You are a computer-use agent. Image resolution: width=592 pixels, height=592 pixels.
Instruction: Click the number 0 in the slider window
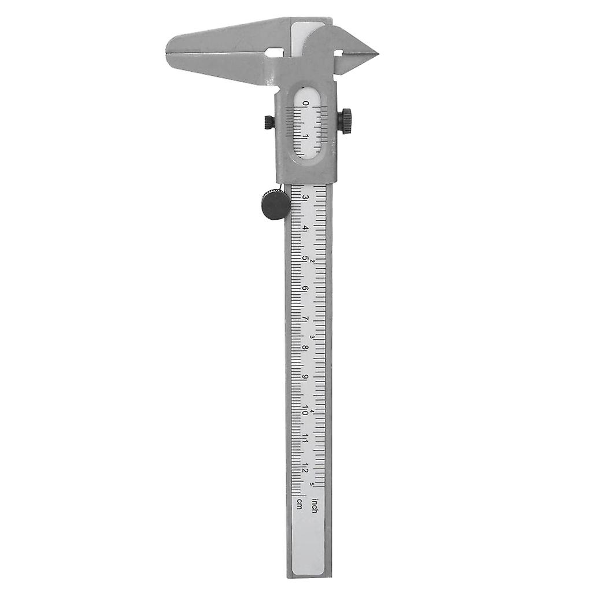[x=306, y=104]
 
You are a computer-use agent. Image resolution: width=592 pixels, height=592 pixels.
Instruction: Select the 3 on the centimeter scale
[x=305, y=198]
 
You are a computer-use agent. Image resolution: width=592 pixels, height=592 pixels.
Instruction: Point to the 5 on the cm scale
[x=305, y=258]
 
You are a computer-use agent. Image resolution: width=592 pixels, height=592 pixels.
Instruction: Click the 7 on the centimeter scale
[x=305, y=318]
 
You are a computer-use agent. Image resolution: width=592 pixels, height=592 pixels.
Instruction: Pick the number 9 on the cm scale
[x=305, y=378]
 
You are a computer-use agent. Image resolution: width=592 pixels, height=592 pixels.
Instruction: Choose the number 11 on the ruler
[x=305, y=440]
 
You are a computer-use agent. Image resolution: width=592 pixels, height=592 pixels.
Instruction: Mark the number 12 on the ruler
[x=305, y=470]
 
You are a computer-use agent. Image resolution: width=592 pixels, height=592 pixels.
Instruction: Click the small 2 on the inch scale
[x=312, y=261]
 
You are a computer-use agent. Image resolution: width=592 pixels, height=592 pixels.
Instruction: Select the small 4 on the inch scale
[x=312, y=412]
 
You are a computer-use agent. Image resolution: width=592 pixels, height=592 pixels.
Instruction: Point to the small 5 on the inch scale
[x=312, y=484]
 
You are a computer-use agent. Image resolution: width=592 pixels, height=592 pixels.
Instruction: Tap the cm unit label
[x=299, y=503]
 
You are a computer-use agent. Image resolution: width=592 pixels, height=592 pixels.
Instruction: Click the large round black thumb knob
[x=276, y=205]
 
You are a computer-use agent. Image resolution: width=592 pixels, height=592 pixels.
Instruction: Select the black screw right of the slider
[x=345, y=121]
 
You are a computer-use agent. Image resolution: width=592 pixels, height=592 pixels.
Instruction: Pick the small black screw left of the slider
[x=269, y=122]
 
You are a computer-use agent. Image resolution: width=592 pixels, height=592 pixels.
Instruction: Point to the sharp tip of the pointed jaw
[x=377, y=54]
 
